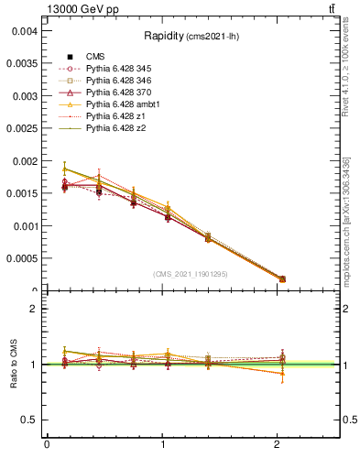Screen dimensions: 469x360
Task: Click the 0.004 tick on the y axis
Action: (23, 31)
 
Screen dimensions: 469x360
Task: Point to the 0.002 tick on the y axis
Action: (23, 161)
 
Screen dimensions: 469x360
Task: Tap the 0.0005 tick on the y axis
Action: (20, 258)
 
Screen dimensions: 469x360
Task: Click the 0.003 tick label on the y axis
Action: (23, 96)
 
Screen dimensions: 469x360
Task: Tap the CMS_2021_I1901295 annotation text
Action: (190, 274)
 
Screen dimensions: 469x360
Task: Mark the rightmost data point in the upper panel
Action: (282, 278)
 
